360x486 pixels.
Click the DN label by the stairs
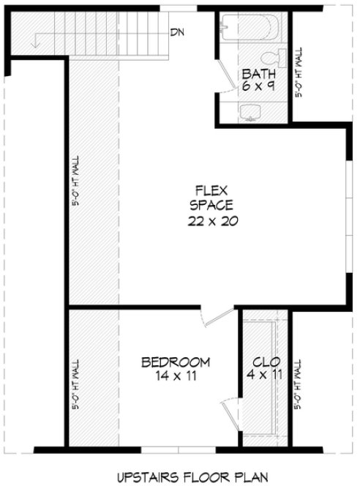(176, 33)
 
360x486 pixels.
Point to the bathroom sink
(250, 112)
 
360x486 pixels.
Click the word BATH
(258, 73)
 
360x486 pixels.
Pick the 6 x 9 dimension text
(258, 86)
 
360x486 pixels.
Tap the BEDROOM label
(176, 362)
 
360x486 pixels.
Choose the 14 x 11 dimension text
(176, 376)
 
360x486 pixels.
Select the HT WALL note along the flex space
(77, 183)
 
